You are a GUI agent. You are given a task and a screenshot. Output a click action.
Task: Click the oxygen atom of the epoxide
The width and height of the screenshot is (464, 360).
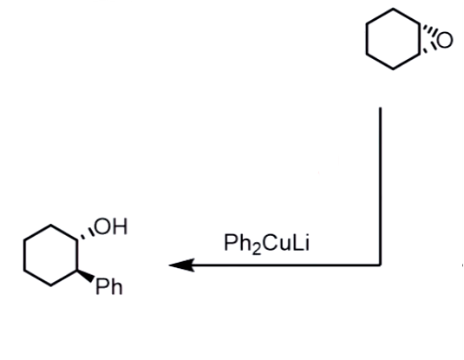click(x=444, y=40)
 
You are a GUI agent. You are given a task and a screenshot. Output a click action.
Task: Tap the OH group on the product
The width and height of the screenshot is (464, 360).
click(x=111, y=226)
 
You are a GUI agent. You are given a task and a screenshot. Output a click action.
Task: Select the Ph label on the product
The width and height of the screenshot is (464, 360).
click(x=109, y=286)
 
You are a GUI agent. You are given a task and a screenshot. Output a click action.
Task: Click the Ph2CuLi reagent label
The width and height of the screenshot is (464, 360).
click(x=266, y=244)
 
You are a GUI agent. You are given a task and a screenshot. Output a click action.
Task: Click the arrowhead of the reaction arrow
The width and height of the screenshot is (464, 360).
click(x=181, y=265)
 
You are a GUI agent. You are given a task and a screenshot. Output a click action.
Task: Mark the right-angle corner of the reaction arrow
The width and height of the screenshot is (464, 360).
click(x=380, y=265)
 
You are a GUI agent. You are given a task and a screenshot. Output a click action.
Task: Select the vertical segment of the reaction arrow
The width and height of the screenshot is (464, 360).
click(x=380, y=186)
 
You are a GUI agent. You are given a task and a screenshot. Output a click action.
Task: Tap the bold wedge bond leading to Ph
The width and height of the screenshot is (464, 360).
click(x=86, y=276)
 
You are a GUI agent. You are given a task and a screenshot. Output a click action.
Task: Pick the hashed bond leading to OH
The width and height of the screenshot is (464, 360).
click(x=86, y=234)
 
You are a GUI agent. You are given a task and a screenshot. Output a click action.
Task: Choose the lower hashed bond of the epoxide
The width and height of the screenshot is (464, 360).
click(x=428, y=49)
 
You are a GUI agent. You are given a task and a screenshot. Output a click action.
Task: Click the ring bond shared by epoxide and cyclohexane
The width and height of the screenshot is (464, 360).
click(x=419, y=39)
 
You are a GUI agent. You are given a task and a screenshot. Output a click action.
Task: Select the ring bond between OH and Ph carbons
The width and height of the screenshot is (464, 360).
click(x=77, y=255)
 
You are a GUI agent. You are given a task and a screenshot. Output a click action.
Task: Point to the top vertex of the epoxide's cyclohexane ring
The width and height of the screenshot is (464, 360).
click(x=393, y=9)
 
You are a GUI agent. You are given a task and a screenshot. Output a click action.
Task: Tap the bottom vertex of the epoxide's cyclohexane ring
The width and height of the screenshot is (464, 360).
click(x=393, y=69)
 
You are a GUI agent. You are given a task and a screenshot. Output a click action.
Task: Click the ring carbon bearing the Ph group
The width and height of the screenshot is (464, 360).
click(x=77, y=271)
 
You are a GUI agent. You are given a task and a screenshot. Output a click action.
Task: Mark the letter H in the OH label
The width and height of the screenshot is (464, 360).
click(x=121, y=226)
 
